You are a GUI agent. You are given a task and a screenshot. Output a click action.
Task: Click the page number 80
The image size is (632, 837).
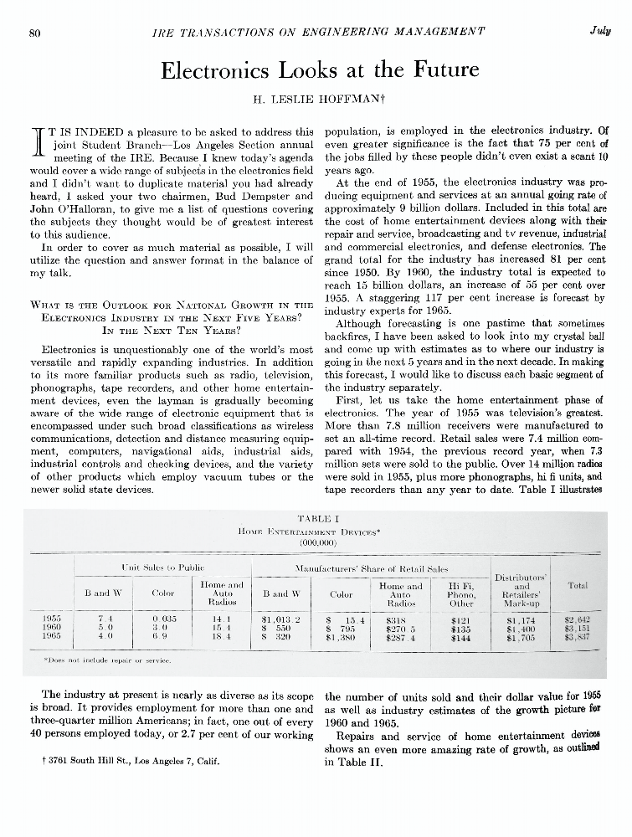(35, 32)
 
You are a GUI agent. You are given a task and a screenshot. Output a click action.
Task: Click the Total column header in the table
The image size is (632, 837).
(578, 587)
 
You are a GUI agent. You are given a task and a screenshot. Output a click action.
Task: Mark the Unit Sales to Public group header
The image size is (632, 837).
(157, 568)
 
